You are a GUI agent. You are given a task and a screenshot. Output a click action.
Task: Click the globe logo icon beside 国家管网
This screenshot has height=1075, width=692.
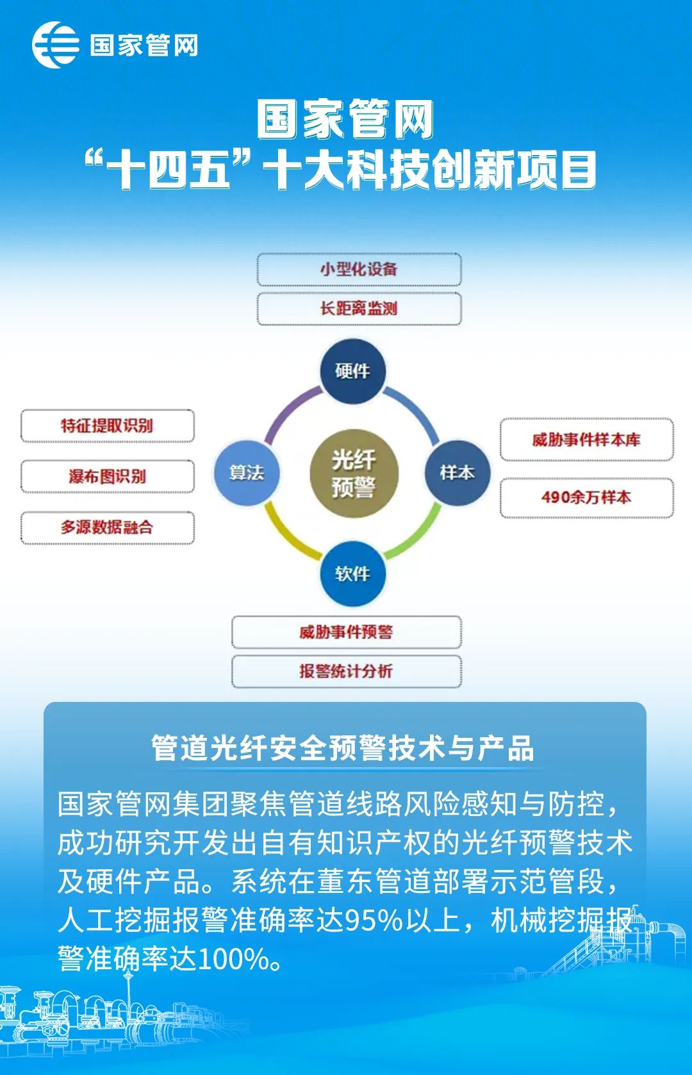pos(56,45)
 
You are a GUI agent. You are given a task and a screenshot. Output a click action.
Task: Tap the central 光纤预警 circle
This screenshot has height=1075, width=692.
pos(354,473)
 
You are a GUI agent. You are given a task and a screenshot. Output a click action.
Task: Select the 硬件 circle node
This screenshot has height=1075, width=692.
pos(353,371)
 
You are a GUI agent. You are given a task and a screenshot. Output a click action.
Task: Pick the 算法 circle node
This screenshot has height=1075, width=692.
pos(247,473)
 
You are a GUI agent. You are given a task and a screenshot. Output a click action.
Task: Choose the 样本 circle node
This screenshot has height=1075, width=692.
pos(457,473)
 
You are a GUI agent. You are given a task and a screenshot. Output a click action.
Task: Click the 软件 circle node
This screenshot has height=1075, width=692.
pos(353,574)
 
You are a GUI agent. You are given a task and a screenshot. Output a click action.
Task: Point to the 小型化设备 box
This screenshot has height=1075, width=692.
pos(359,269)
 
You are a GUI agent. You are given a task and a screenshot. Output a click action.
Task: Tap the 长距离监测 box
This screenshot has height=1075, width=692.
pos(359,308)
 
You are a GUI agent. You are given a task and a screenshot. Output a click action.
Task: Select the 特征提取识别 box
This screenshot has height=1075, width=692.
pos(108,426)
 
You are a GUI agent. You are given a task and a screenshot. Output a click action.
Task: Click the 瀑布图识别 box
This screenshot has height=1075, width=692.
pos(108,476)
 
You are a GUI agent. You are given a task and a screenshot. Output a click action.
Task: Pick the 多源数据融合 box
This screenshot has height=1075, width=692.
pos(108,528)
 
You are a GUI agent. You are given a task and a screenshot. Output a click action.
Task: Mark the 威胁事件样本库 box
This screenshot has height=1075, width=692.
pos(586,440)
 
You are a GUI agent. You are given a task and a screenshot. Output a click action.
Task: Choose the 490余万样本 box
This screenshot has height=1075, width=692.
pos(586,497)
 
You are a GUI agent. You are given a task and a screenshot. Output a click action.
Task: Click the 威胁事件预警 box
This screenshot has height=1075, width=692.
pos(346,632)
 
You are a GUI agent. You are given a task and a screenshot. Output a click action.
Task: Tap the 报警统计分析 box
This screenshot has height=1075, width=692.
pos(346,671)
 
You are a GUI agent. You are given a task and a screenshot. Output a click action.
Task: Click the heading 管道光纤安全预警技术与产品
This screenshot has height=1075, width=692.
pos(342,748)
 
